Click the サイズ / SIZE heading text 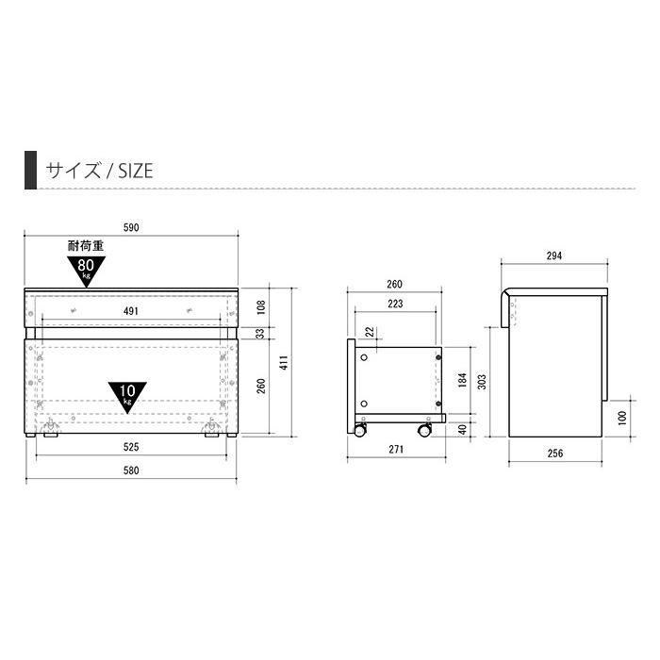coord(99,171)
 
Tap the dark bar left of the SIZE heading coord(30,170)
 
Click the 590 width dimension coord(132,228)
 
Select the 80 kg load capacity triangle coord(86,270)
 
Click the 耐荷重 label coord(86,246)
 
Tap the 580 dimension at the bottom coord(132,471)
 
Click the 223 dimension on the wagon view coord(394,304)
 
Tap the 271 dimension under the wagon coord(396,450)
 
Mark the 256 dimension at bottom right coord(554,454)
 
